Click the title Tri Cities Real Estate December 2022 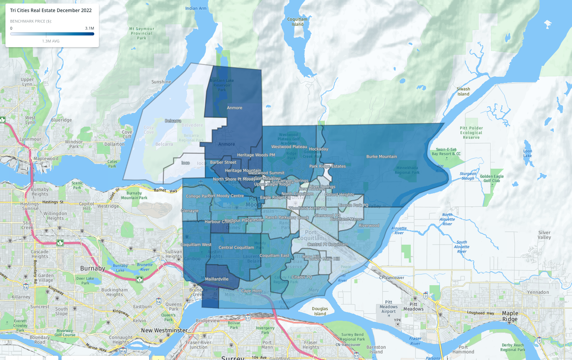click(x=51, y=11)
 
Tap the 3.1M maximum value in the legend click(x=90, y=28)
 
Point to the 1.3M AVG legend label click(x=51, y=41)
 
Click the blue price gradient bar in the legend click(x=52, y=34)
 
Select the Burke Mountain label click(x=382, y=157)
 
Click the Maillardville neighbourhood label click(x=216, y=279)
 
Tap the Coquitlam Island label click(x=297, y=22)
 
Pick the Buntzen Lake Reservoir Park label click(x=222, y=85)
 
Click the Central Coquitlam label click(x=236, y=247)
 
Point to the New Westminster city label click(x=164, y=330)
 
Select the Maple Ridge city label click(x=510, y=316)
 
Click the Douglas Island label click(x=320, y=311)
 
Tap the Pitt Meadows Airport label click(x=389, y=307)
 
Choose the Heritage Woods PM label click(x=256, y=155)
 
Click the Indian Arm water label click(x=196, y=8)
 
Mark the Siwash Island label click(x=463, y=92)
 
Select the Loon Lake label click(x=528, y=153)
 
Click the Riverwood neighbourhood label click(x=369, y=226)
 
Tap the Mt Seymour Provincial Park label click(x=142, y=34)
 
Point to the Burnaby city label click(x=93, y=268)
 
